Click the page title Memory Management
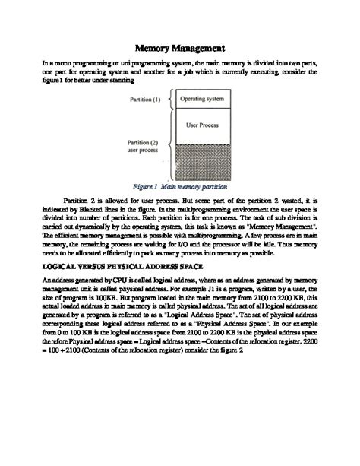[x=179, y=46]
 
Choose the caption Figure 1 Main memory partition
[x=178, y=185]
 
